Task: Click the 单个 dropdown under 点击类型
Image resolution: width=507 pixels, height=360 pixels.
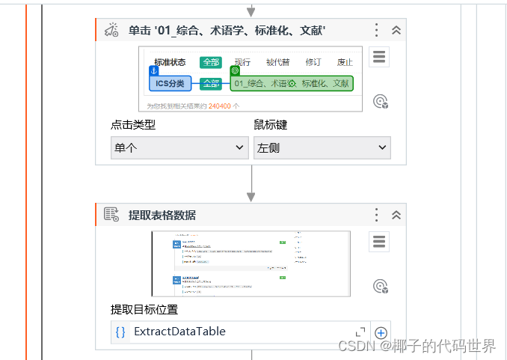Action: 179,147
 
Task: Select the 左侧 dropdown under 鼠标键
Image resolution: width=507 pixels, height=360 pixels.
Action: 322,147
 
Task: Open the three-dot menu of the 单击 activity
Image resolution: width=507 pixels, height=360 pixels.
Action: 378,30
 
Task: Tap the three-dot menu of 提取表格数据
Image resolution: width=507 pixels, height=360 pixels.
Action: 378,215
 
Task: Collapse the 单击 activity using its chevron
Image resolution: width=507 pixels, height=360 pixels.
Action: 396,30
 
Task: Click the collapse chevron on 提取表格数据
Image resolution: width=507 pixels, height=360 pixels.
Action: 396,215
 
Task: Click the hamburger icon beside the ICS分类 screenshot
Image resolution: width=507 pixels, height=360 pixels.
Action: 379,58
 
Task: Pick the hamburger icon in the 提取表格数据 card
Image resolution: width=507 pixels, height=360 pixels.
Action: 379,241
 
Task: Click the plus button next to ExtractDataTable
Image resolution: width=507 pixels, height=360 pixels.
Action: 381,332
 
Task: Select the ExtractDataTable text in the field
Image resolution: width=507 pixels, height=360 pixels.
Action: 179,332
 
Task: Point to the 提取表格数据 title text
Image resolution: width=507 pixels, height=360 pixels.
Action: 162,215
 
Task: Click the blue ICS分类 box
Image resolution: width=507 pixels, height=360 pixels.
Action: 170,83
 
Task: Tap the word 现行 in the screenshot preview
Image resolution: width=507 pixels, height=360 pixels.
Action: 242,63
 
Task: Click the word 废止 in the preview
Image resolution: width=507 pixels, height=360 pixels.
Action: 345,63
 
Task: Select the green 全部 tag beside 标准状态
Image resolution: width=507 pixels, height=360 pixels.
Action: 211,63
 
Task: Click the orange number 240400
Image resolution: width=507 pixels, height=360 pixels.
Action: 219,106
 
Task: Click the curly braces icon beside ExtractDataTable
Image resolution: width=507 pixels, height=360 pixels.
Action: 120,332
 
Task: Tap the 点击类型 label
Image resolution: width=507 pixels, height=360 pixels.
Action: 133,125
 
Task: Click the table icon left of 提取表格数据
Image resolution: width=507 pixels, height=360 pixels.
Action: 111,215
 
